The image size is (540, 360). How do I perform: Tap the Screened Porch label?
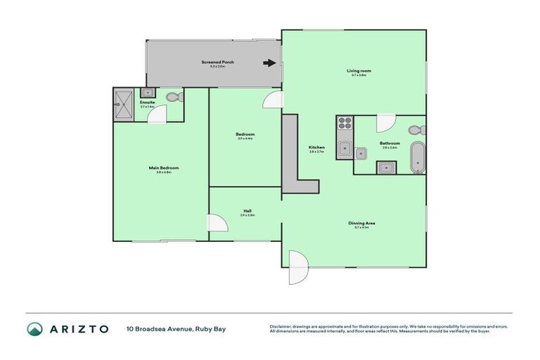point(217,63)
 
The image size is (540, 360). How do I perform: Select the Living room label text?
point(359,71)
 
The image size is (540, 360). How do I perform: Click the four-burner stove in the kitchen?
point(345,127)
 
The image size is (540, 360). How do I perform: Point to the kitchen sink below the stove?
point(345,148)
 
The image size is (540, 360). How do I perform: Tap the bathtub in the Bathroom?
point(418,157)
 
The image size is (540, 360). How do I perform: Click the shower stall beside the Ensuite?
point(124,105)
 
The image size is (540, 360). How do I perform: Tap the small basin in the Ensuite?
point(147,93)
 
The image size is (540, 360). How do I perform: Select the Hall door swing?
point(219,224)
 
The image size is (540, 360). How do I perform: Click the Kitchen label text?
point(316,148)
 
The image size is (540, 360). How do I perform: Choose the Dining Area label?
point(361,223)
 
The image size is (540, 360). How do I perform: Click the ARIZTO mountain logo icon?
point(34,328)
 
